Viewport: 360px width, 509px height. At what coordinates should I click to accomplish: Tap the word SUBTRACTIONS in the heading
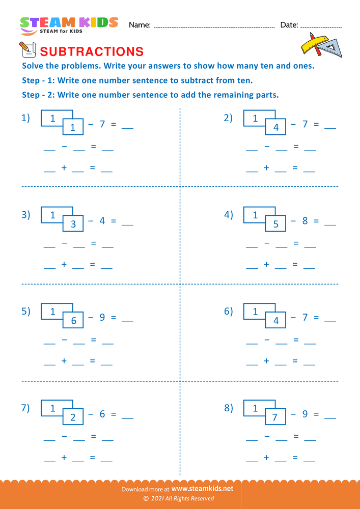point(92,51)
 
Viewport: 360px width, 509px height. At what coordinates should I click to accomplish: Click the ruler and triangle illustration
point(321,45)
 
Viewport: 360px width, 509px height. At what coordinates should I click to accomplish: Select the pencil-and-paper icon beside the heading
point(26,49)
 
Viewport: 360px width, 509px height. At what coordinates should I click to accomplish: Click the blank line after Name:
point(214,25)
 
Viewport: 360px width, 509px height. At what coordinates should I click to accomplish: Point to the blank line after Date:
point(320,25)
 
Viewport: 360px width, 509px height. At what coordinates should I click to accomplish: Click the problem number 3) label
point(25,215)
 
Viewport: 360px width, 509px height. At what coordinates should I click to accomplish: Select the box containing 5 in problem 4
point(275,224)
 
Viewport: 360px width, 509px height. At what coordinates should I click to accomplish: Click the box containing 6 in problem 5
point(73,321)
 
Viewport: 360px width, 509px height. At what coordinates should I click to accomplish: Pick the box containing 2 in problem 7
point(73,417)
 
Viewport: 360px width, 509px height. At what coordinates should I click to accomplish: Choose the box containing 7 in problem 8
point(275,417)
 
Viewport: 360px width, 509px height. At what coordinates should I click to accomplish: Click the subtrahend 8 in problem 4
point(305,221)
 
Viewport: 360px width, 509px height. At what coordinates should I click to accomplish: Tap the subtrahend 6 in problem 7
point(102,414)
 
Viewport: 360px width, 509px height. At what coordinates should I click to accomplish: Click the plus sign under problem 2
point(266,168)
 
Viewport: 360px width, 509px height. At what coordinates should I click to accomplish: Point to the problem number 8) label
point(228,408)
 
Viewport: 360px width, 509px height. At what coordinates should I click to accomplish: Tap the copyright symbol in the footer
point(146,499)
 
